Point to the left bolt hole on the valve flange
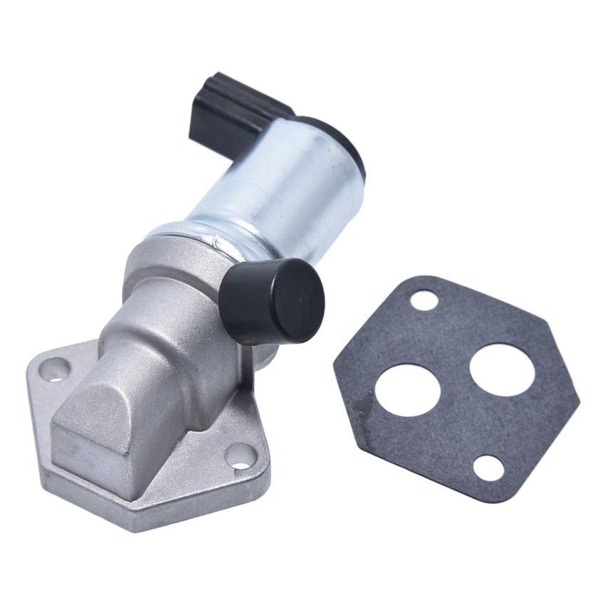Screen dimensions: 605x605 coord(55,369)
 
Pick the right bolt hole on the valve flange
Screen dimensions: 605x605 coord(241,456)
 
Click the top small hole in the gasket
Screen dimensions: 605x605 coord(424,300)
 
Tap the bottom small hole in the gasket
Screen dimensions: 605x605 coord(489,468)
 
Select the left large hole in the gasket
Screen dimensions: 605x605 coord(408,390)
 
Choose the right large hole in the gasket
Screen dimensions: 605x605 coord(502,369)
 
